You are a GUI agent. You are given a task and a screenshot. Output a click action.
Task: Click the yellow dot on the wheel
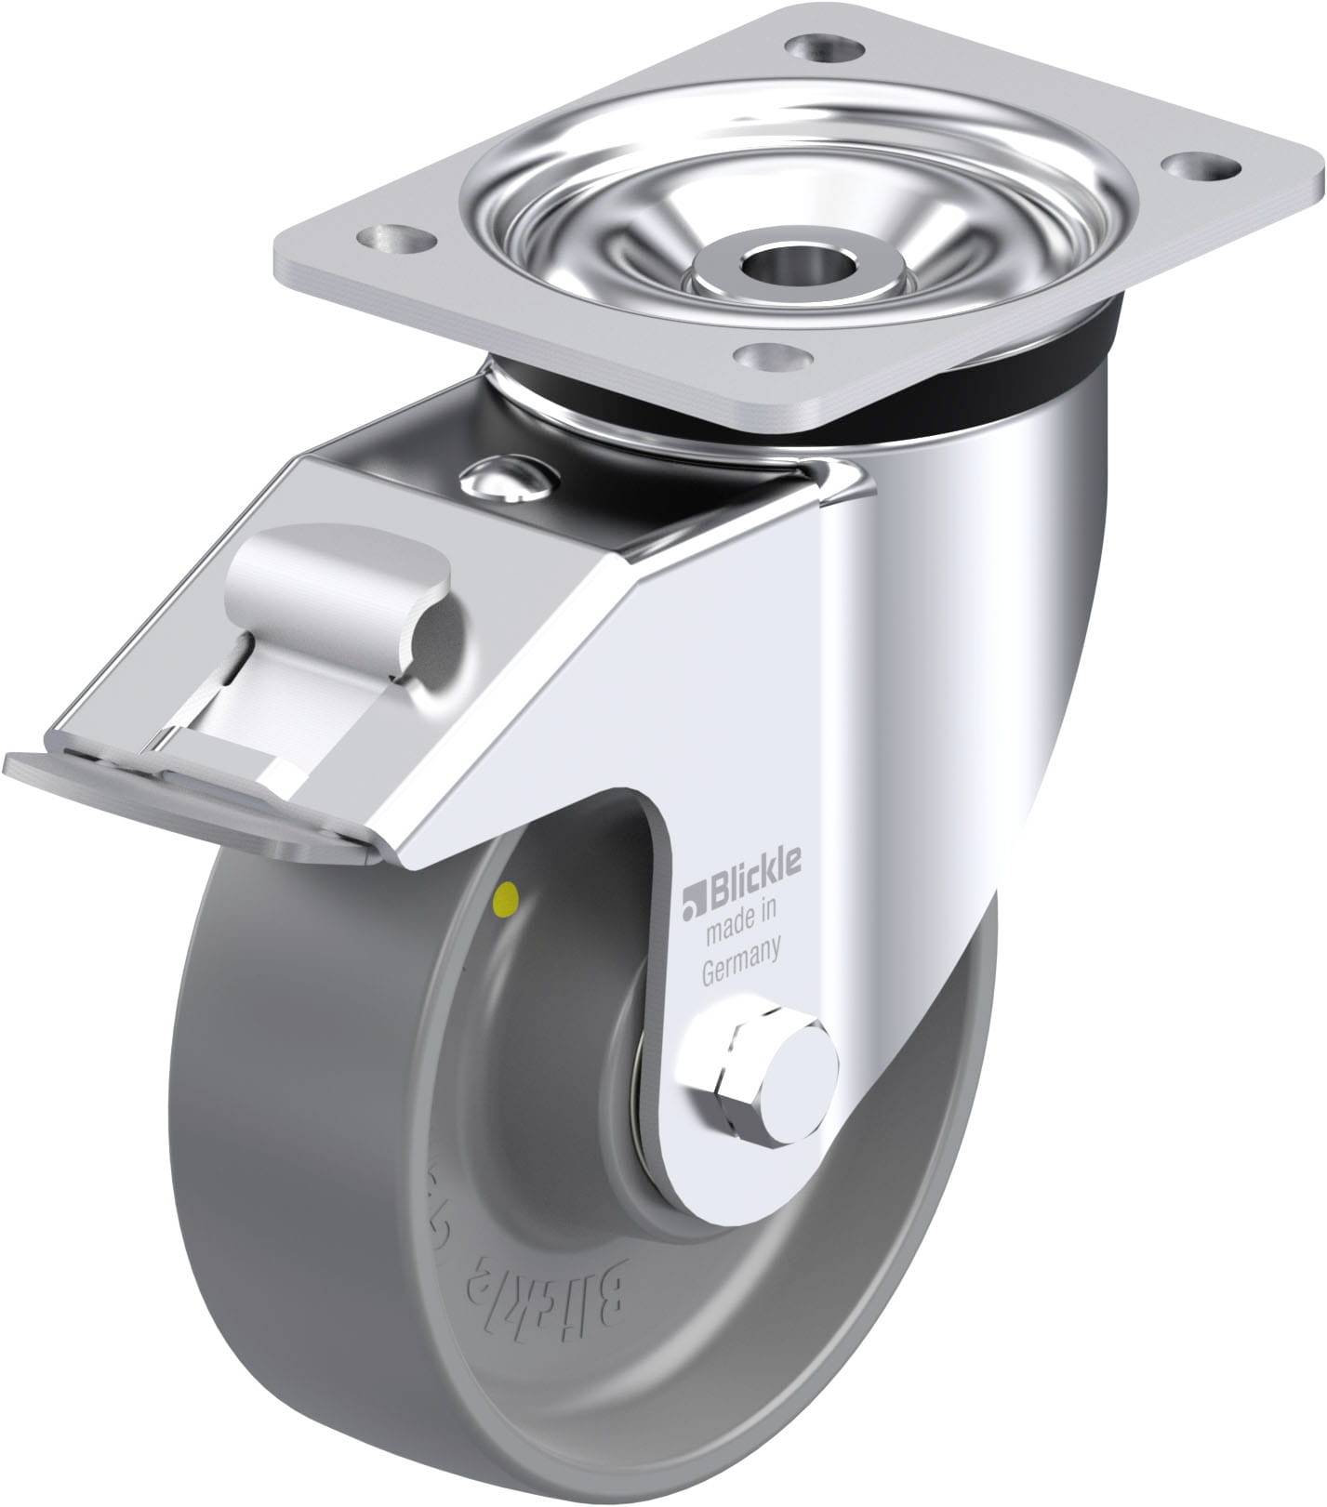click(x=508, y=897)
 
